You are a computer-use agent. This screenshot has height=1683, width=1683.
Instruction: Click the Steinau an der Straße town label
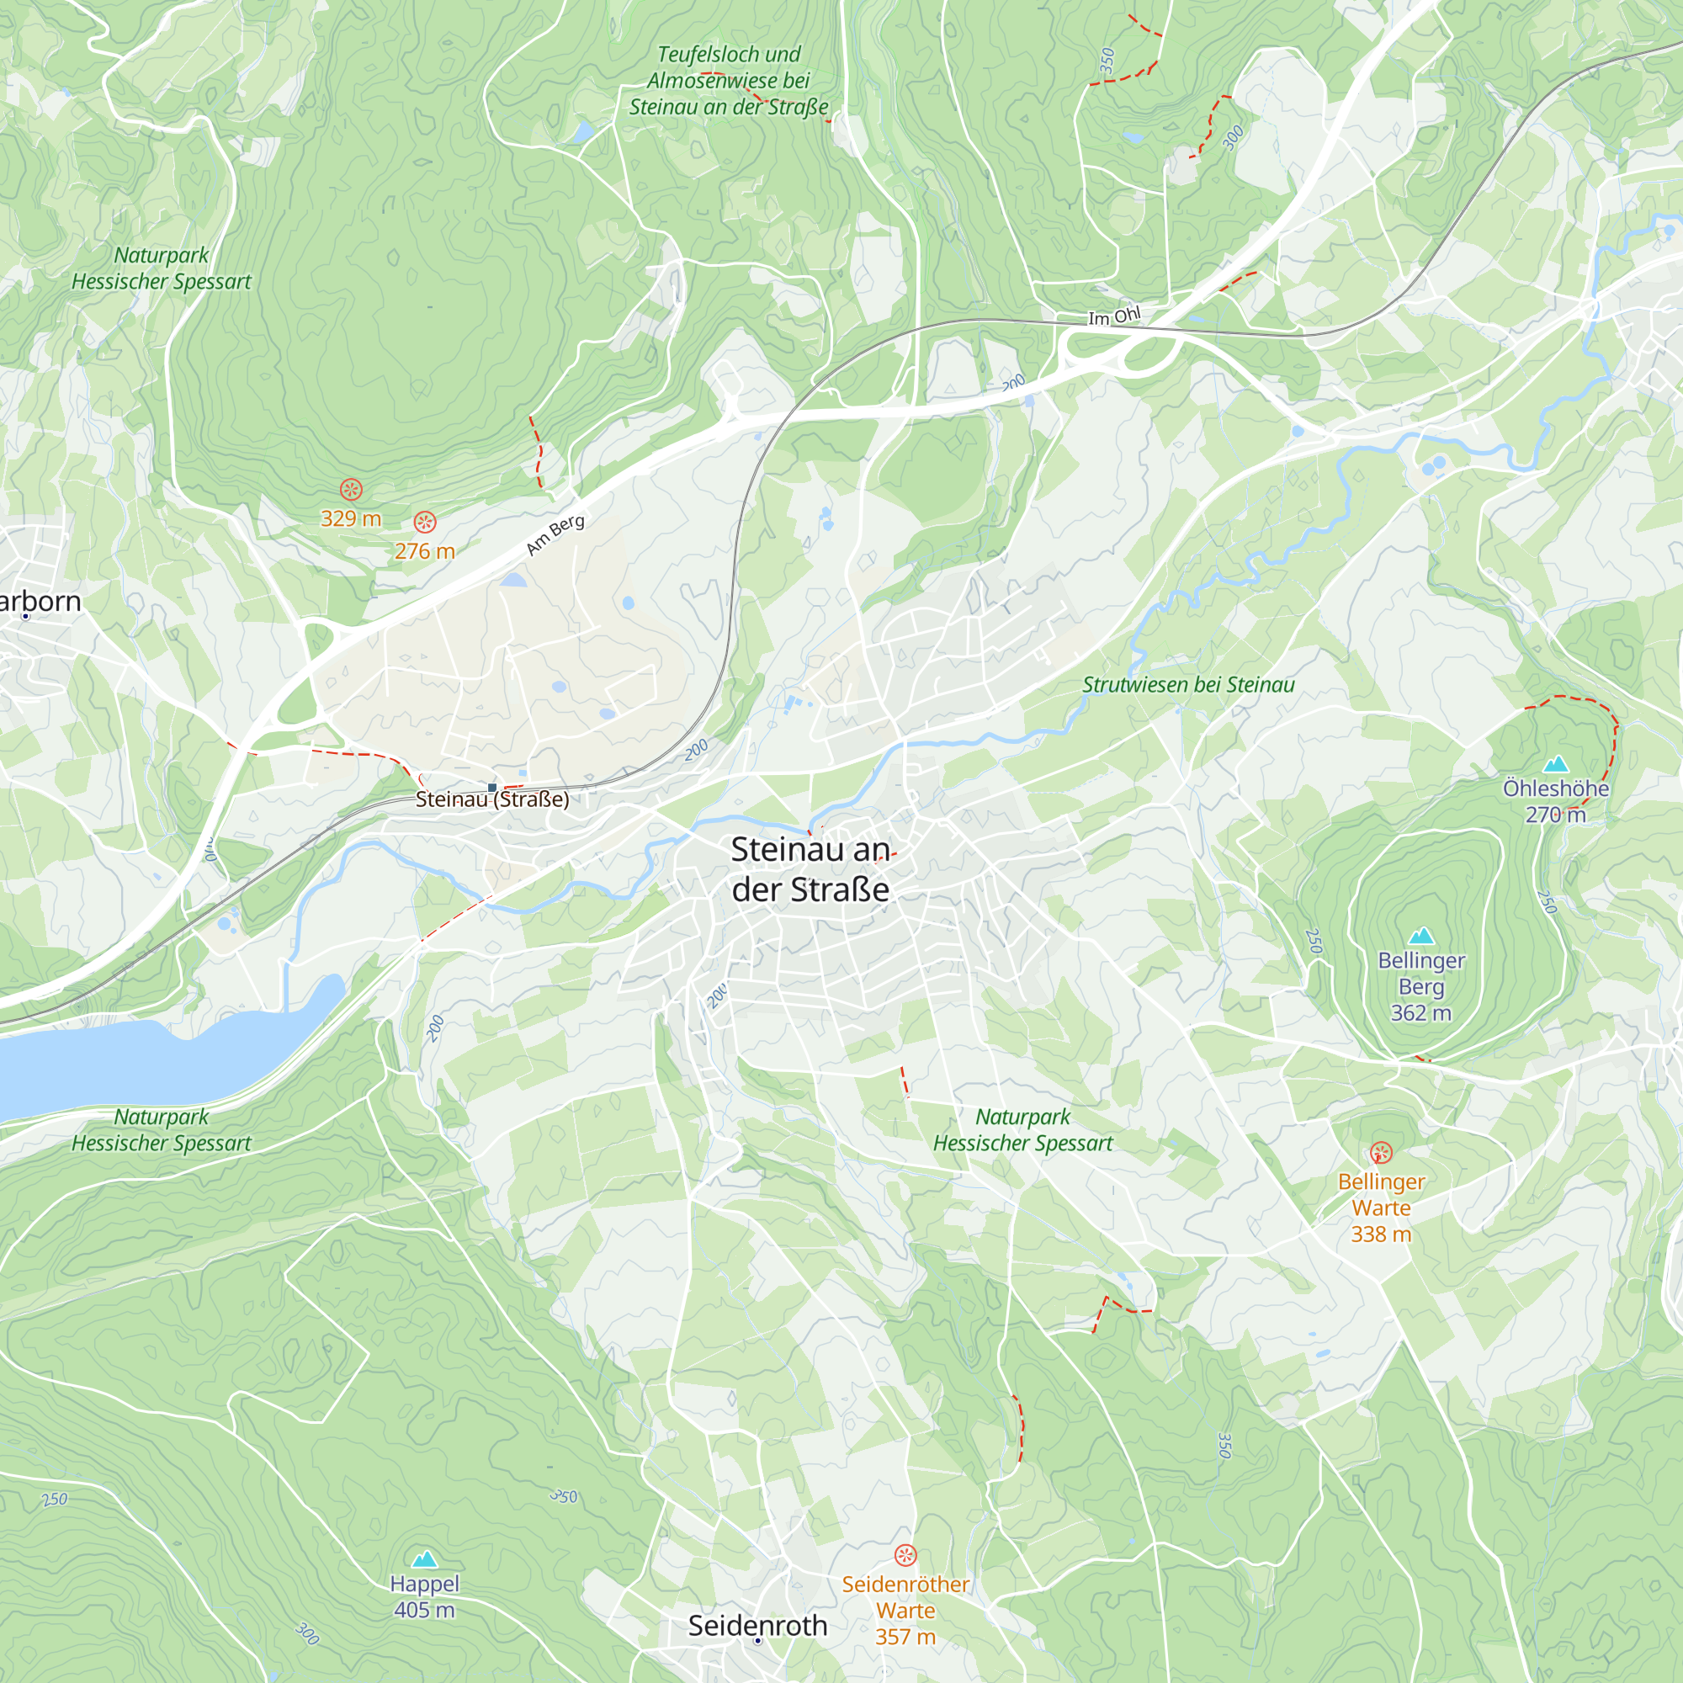click(810, 869)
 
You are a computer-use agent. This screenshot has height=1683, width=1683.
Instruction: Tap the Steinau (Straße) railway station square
click(492, 788)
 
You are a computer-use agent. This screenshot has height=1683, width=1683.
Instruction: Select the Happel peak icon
click(424, 1558)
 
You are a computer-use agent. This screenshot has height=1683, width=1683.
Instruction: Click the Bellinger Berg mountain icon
click(1421, 936)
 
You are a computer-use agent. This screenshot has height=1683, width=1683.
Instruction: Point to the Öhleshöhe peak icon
click(1556, 765)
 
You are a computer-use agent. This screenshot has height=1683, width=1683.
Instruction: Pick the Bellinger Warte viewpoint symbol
click(1381, 1154)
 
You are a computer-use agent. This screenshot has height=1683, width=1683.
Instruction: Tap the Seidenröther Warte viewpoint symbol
click(906, 1555)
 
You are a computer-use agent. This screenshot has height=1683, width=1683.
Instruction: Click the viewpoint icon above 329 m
click(351, 490)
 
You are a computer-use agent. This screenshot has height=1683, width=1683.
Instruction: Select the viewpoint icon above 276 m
click(424, 522)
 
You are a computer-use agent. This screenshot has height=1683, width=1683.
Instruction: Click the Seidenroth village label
click(757, 1626)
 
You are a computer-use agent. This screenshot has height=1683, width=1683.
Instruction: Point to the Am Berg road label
click(555, 535)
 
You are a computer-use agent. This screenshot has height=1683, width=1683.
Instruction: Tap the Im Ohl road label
click(1113, 316)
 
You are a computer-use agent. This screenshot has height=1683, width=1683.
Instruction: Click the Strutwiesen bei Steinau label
click(1188, 685)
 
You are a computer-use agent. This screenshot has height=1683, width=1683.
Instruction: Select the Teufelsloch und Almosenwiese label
click(728, 80)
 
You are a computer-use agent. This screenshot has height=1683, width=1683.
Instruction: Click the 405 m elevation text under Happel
click(424, 1610)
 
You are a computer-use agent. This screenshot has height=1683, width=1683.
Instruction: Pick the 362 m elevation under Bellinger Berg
click(1420, 1012)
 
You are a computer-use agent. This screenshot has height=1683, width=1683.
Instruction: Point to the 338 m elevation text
click(1381, 1234)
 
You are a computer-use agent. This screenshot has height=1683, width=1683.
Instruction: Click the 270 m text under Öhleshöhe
click(1555, 815)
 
